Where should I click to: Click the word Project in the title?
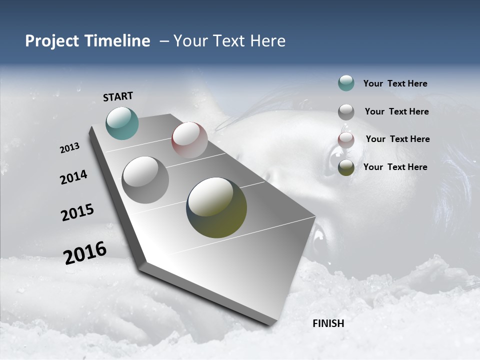pyautogui.click(x=51, y=41)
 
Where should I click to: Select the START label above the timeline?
pyautogui.click(x=118, y=96)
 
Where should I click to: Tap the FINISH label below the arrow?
pyautogui.click(x=328, y=323)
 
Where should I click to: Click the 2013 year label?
pyautogui.click(x=69, y=148)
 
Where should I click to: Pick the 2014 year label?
pyautogui.click(x=73, y=177)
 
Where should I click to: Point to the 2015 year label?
pyautogui.click(x=77, y=212)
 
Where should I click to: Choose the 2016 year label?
pyautogui.click(x=85, y=253)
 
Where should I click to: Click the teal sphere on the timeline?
pyautogui.click(x=122, y=123)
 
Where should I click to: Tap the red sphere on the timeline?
pyautogui.click(x=189, y=140)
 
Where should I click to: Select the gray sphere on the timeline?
pyautogui.click(x=145, y=179)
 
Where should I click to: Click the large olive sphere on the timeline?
pyautogui.click(x=216, y=207)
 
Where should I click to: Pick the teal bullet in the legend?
pyautogui.click(x=346, y=83)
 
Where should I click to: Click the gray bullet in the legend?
pyautogui.click(x=346, y=112)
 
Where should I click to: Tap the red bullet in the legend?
pyautogui.click(x=346, y=140)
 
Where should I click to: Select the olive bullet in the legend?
pyautogui.click(x=346, y=167)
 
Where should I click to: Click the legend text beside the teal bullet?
pyautogui.click(x=395, y=84)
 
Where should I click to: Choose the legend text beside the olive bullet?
pyautogui.click(x=395, y=167)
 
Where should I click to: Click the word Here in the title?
pyautogui.click(x=267, y=41)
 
